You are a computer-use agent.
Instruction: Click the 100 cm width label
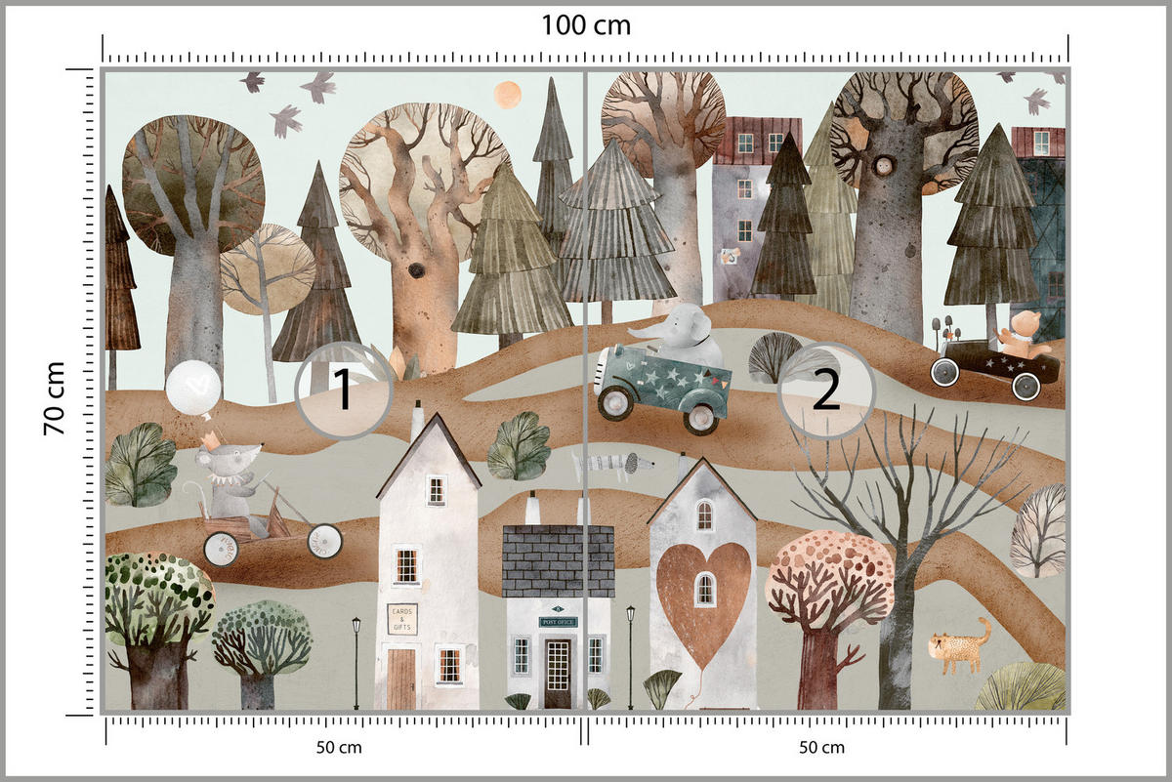click(585, 25)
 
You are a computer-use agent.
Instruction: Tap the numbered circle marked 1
click(343, 391)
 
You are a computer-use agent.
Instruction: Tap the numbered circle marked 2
click(825, 391)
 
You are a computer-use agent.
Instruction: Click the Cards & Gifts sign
click(401, 618)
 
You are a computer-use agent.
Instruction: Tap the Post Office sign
click(558, 621)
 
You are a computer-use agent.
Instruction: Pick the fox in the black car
click(1022, 332)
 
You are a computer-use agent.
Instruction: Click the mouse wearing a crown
click(230, 478)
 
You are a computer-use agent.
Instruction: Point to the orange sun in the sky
click(507, 94)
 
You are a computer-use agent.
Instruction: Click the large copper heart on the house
click(703, 596)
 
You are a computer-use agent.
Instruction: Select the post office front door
click(558, 672)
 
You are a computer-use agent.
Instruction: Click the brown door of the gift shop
click(401, 679)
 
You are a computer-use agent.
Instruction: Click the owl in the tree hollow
click(886, 165)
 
